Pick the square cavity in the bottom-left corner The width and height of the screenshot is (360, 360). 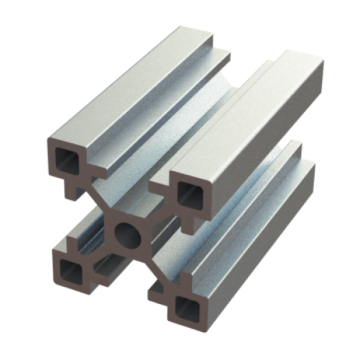69,270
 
